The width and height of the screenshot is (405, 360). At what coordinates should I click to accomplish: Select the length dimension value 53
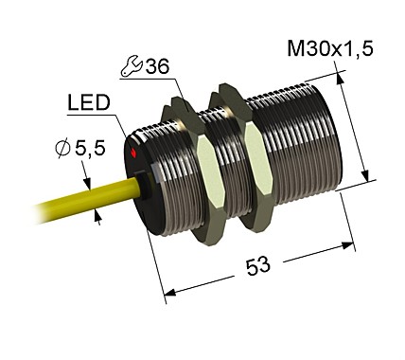(x=256, y=266)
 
